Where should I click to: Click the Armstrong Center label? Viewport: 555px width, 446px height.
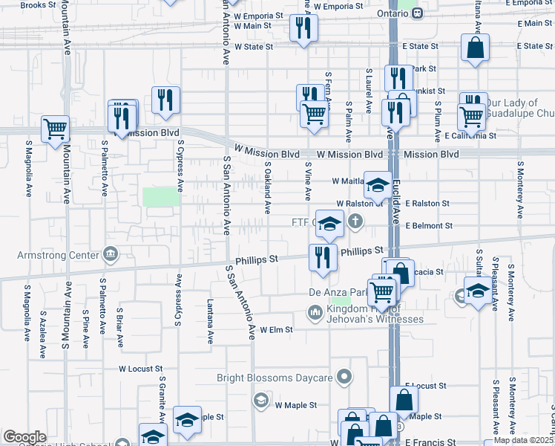(x=58, y=256)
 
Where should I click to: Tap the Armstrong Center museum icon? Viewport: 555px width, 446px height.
(x=111, y=255)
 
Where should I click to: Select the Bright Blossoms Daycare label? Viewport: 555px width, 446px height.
(x=275, y=378)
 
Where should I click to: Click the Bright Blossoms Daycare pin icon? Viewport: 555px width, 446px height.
(x=344, y=378)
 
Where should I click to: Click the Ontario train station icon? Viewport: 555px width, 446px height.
(x=418, y=13)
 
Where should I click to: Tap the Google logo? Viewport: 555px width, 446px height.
(x=24, y=437)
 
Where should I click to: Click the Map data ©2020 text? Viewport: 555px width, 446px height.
(x=523, y=440)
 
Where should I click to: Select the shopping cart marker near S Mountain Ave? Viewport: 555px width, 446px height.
(x=55, y=129)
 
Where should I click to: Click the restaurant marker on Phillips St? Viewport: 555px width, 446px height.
(x=323, y=257)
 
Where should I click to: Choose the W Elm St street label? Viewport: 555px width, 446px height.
(x=276, y=329)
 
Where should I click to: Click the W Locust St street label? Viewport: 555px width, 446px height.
(x=140, y=369)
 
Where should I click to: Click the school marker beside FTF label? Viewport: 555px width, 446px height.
(x=329, y=222)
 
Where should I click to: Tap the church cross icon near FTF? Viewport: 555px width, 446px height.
(x=356, y=221)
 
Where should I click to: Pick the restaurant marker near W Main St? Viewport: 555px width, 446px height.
(x=303, y=28)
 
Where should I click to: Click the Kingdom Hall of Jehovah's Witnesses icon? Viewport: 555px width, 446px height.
(x=315, y=312)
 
